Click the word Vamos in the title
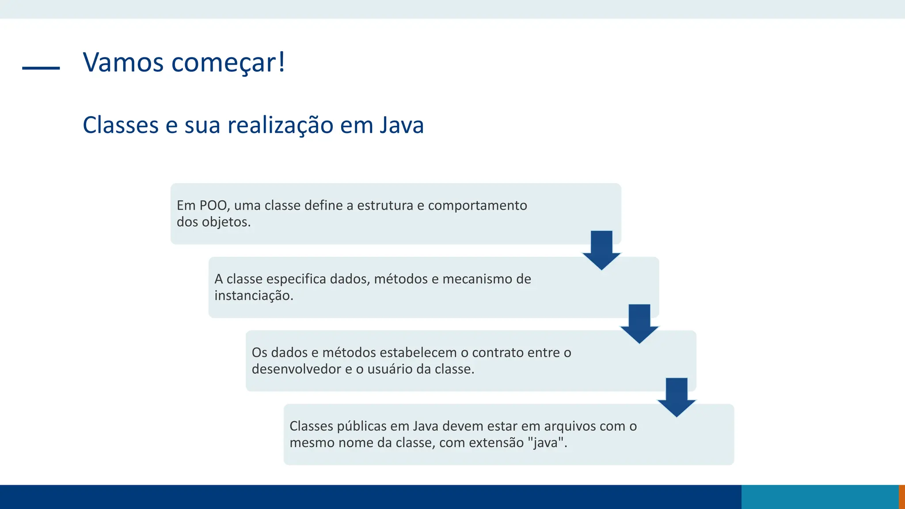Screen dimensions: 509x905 pyautogui.click(x=123, y=62)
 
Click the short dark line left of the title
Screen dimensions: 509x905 pyautogui.click(x=41, y=68)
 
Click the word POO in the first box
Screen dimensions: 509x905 pyautogui.click(x=213, y=205)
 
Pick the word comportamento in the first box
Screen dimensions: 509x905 pyautogui.click(x=477, y=205)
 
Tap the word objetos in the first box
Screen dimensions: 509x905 pyautogui.click(x=226, y=222)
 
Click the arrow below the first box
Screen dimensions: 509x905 pyautogui.click(x=601, y=250)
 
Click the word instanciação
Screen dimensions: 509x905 pyautogui.click(x=254, y=296)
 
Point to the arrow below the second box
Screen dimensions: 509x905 pyautogui.click(x=639, y=323)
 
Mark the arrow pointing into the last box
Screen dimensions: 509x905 pyautogui.click(x=677, y=397)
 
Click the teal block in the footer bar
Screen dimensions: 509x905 pyautogui.click(x=820, y=497)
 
